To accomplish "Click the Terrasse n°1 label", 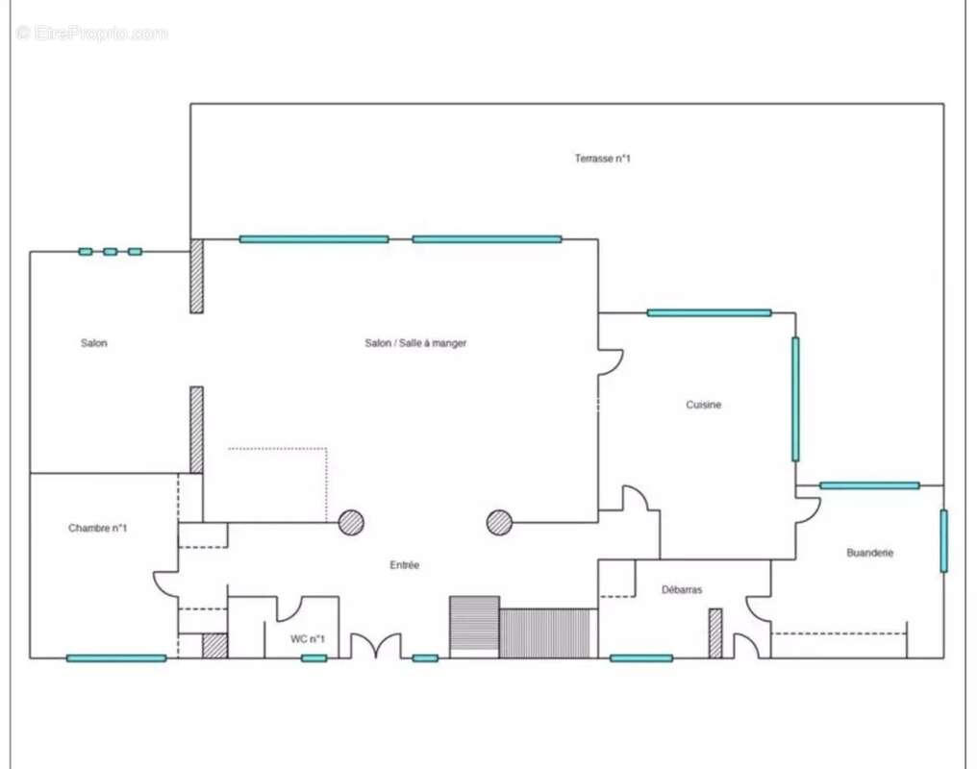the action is pos(602,159).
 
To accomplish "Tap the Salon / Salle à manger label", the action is pos(415,343).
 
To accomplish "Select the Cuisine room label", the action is pos(704,405).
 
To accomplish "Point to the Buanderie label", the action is pos(869,553).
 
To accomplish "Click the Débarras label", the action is pos(682,589).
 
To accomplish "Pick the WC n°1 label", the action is pos(308,638).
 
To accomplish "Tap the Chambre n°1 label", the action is pos(97,529).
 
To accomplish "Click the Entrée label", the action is pos(404,565).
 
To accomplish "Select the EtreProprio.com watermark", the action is pos(92,33).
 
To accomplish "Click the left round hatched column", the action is pos(351,523).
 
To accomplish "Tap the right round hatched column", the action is pos(500,523).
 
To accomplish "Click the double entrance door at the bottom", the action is pos(375,646).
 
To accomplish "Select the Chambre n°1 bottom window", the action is pos(116,658).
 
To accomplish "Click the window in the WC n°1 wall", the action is pos(313,658).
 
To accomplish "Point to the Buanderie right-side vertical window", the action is pos(943,541).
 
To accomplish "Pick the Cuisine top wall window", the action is pos(709,313).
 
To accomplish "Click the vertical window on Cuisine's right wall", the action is pos(795,399).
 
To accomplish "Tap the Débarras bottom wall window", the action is pos(641,658).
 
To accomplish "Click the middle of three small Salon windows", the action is pos(111,252).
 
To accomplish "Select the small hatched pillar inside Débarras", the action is pos(715,633).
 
